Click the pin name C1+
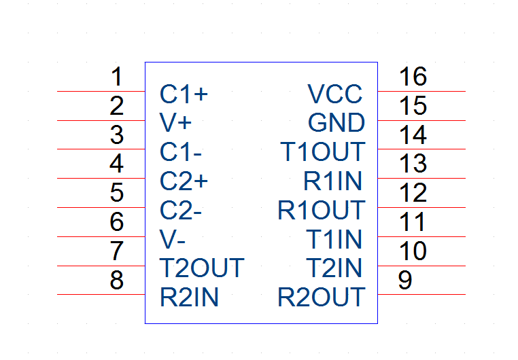184,94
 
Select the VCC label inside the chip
335,94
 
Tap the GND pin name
336,123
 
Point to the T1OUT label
322,151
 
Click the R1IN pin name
332,181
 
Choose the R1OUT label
321,210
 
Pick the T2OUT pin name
202,268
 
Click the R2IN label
189,297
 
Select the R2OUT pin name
321,297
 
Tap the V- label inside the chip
172,239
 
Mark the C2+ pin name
184,181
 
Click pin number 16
413,76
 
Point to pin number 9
405,280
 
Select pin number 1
117,77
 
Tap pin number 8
117,280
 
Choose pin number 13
413,163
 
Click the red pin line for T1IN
421,236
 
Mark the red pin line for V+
101,120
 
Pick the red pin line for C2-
101,208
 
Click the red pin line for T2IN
421,266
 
